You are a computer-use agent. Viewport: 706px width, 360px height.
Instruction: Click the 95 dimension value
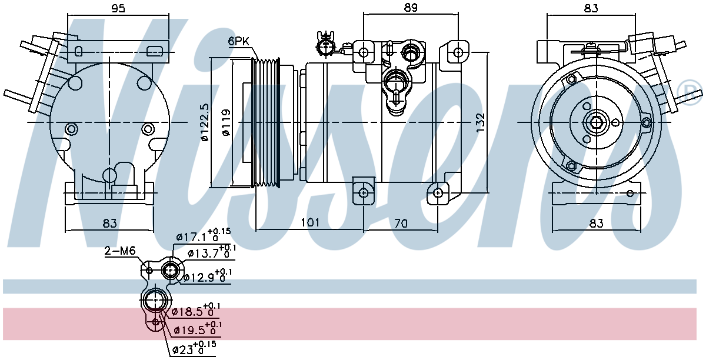(x=118, y=8)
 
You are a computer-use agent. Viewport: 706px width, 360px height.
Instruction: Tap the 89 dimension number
(x=411, y=8)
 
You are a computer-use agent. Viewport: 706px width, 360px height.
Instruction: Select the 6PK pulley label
(x=238, y=41)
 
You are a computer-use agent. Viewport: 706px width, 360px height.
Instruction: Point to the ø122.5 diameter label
(x=205, y=122)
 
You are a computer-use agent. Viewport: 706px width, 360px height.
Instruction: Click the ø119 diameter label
(x=227, y=122)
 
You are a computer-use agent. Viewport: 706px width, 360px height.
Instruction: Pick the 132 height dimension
(x=480, y=122)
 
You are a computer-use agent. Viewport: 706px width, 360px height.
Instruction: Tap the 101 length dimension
(x=310, y=222)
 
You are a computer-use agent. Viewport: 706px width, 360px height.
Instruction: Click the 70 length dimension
(x=401, y=224)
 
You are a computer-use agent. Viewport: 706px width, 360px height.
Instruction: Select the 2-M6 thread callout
(x=120, y=251)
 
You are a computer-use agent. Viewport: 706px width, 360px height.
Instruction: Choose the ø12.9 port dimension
(x=208, y=276)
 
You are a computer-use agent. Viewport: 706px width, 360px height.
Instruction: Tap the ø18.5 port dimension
(x=196, y=310)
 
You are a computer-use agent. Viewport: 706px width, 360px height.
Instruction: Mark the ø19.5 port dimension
(x=198, y=329)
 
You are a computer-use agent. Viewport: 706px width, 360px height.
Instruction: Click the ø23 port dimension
(x=194, y=348)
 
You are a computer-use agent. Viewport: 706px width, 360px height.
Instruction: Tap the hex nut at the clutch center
(x=597, y=122)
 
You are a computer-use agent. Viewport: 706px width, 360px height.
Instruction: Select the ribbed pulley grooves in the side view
(x=267, y=122)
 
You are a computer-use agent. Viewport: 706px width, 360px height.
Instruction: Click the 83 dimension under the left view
(x=109, y=224)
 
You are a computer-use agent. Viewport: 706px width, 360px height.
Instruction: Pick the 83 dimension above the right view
(x=591, y=8)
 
